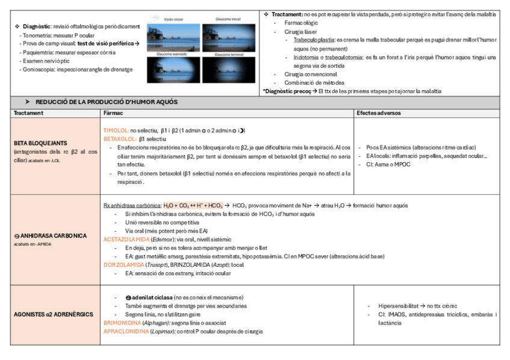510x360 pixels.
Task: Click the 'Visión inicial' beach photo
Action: tap(173, 35)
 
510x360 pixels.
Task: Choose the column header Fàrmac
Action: tap(114, 113)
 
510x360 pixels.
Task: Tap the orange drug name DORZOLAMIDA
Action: tap(124, 264)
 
